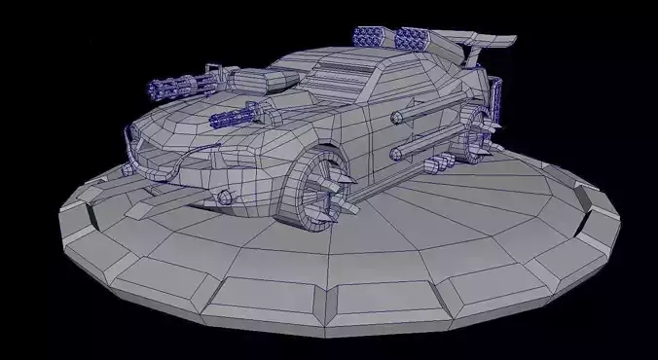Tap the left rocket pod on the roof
point(371,39)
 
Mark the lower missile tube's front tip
point(396,155)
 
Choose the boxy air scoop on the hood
point(255,81)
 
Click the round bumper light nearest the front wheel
point(227,198)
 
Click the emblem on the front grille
point(147,149)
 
